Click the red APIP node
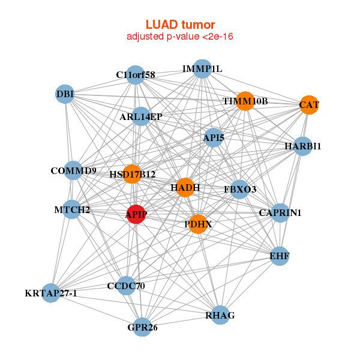point(136,214)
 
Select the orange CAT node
point(309,105)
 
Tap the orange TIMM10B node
point(245,101)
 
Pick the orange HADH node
point(185,188)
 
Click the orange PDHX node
point(197,224)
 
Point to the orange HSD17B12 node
point(132,175)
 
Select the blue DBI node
point(65,94)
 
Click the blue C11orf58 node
point(136,75)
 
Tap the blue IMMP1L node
point(202,69)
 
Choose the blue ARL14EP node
point(140,116)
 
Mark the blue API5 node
point(214,138)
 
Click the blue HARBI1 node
point(303,146)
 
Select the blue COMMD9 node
point(73,171)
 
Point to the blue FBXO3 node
point(240,190)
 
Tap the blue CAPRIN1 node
point(280,212)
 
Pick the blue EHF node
point(280,256)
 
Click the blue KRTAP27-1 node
point(51,293)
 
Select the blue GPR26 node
point(142,327)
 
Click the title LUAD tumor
point(180,25)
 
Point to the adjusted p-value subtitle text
point(180,37)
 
